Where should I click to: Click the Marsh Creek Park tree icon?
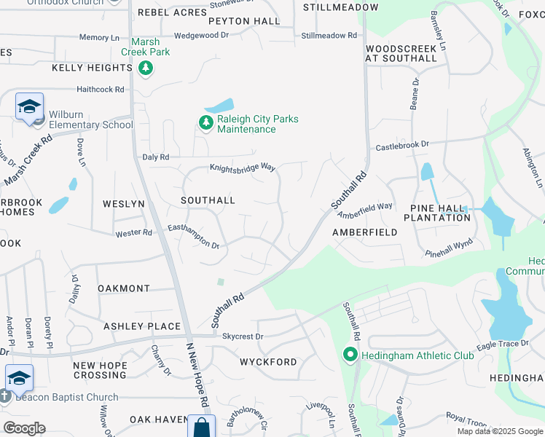(x=146, y=68)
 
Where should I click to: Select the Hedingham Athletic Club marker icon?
(x=350, y=355)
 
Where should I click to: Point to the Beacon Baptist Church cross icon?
(x=5, y=397)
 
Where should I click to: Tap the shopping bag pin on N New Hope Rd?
(x=201, y=427)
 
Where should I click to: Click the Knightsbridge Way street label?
(x=243, y=168)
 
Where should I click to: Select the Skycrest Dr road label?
(x=243, y=337)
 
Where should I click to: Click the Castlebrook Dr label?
(x=402, y=146)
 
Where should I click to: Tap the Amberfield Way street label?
(x=365, y=210)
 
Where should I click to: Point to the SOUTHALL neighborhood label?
(x=208, y=200)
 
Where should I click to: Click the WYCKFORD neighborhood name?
(x=268, y=362)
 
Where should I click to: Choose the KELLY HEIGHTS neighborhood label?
(x=92, y=68)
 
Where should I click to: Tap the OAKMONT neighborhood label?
(x=124, y=288)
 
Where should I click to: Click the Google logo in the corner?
(x=24, y=428)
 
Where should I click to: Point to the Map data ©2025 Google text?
(x=499, y=431)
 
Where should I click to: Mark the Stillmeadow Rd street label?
(x=329, y=35)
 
